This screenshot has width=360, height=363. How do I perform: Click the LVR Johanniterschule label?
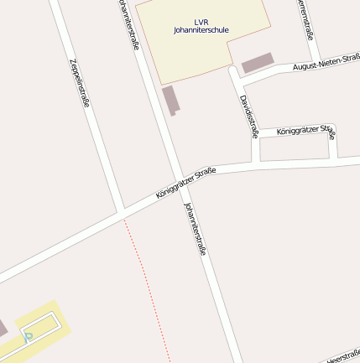(201, 25)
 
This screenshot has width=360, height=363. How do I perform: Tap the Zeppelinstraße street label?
(80, 84)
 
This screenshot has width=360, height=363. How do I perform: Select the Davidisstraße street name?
(248, 116)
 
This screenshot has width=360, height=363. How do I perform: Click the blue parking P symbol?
(28, 337)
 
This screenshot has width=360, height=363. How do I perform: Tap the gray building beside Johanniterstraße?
(170, 100)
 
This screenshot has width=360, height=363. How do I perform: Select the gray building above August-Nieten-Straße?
(258, 63)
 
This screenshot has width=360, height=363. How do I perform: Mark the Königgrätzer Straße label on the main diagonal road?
(185, 183)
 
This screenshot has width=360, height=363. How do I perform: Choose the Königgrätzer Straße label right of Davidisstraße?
(305, 131)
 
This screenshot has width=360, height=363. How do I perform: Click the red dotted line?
(146, 285)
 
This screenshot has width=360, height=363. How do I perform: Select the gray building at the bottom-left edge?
(3, 328)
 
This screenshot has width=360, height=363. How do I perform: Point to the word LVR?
(200, 20)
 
